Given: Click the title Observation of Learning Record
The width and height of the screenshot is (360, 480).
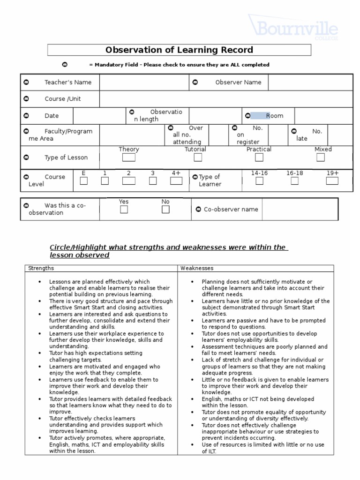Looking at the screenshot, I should click(179, 50).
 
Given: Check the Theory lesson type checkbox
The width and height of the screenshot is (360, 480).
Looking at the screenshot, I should click(128, 157).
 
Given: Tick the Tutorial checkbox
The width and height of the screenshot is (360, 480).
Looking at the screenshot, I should click(195, 157).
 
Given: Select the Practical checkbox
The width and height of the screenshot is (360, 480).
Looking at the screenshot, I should click(259, 157).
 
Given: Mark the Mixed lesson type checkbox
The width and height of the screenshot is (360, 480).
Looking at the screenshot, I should click(320, 157).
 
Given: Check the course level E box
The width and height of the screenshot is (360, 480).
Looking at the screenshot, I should click(83, 181).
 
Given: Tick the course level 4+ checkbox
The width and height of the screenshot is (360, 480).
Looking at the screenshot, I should click(176, 181).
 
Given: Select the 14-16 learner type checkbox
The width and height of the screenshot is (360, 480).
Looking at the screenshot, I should click(259, 181).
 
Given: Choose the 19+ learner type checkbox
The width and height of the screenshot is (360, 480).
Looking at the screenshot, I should click(332, 181).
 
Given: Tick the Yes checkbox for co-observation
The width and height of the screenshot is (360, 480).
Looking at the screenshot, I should click(124, 210).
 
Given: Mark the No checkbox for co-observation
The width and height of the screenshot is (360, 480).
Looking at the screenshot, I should click(165, 210).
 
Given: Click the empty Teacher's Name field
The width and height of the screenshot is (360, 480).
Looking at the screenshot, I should click(144, 82).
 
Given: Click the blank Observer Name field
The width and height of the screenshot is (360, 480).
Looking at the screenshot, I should click(310, 82).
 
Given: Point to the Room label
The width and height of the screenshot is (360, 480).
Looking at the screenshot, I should click(274, 116).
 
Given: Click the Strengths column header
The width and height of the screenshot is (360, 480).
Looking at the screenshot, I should click(41, 268).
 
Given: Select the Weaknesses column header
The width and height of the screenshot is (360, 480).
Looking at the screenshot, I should click(197, 268).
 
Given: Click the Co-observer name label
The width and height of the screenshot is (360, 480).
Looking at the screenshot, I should click(231, 210).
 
